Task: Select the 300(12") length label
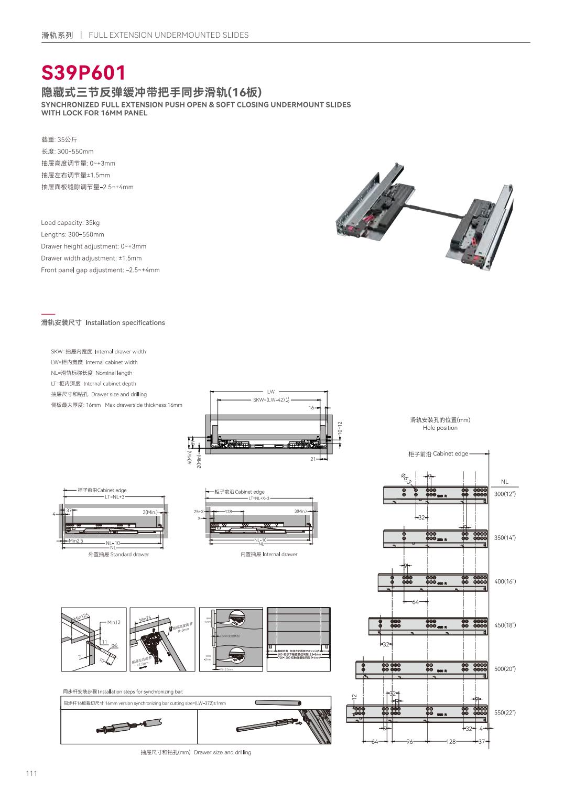click(x=505, y=494)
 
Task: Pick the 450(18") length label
click(x=505, y=625)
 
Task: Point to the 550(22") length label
click(x=505, y=712)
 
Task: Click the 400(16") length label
click(x=505, y=581)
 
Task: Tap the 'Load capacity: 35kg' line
click(x=70, y=223)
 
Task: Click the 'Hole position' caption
click(x=440, y=428)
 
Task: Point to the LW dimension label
click(x=270, y=392)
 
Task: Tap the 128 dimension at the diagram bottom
click(x=451, y=742)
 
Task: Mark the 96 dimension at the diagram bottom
click(x=410, y=742)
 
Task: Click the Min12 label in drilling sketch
click(x=114, y=622)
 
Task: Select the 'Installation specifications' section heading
click(x=125, y=323)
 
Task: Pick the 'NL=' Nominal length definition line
click(x=92, y=373)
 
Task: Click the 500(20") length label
click(x=505, y=669)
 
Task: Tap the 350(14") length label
click(x=505, y=538)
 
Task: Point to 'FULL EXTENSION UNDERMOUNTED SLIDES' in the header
click(x=169, y=35)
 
